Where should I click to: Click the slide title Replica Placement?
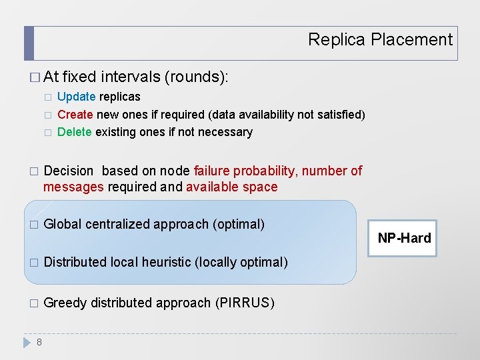(380, 40)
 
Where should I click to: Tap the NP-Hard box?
(404, 238)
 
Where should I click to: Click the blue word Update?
(76, 97)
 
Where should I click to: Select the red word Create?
(75, 115)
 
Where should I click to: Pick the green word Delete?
(74, 132)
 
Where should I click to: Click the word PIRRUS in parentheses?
(245, 303)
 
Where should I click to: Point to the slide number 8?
(39, 342)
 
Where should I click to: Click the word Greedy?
(65, 303)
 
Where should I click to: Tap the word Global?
(63, 224)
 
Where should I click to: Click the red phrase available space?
(231, 187)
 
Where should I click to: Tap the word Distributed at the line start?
(75, 262)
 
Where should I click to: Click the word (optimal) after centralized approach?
(238, 224)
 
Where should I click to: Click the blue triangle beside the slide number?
(27, 342)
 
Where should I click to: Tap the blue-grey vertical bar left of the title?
(29, 43)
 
